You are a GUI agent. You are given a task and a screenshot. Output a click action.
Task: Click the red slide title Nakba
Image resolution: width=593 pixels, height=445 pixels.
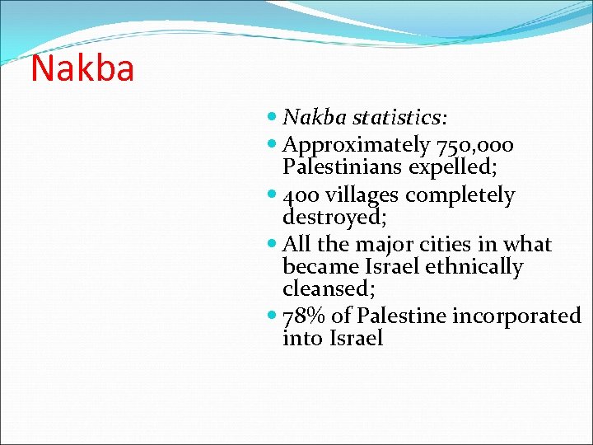coord(82,68)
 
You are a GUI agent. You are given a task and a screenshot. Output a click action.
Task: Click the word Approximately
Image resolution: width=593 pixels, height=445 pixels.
coord(356,146)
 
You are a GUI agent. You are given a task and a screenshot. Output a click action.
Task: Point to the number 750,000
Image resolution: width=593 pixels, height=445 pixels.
coord(475,146)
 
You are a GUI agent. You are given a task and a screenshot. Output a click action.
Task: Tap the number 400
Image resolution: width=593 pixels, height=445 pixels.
coord(300,195)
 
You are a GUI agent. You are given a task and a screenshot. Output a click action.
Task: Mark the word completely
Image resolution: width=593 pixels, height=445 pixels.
coord(460,196)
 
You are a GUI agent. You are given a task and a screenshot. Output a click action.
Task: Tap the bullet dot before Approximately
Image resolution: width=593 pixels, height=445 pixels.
coord(273,146)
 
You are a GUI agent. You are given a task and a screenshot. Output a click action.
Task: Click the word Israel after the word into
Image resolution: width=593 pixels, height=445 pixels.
coord(356,338)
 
